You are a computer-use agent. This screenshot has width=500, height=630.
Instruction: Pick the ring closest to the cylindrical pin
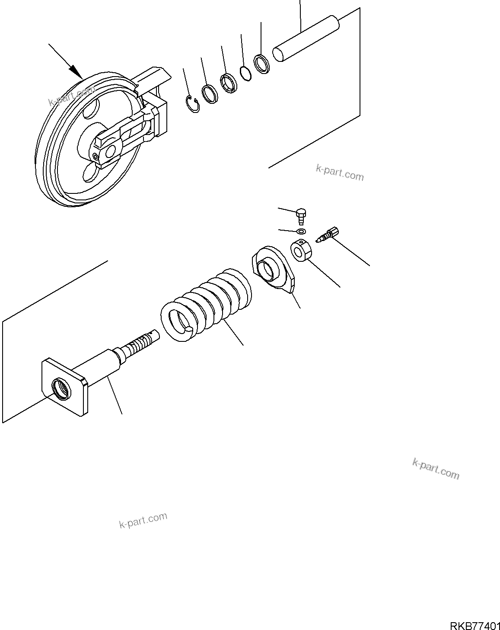point(262,64)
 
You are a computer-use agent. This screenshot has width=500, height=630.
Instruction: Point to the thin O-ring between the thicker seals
point(245,73)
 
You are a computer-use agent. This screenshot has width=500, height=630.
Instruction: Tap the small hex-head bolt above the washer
point(302,214)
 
